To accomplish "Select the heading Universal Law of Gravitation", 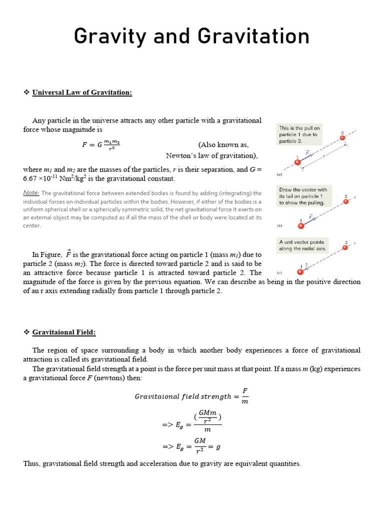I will [82, 92].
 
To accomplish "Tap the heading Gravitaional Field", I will [64, 332].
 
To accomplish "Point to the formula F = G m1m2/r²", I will [100, 145].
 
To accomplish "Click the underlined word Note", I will [31, 193].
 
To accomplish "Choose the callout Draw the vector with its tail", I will [302, 196].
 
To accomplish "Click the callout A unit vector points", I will [301, 245].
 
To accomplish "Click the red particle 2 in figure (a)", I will [342, 137].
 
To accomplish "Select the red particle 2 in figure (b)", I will [346, 201].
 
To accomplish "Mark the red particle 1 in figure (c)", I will [300, 271].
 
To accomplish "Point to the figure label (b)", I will [279, 226].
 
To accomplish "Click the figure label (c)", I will [279, 272].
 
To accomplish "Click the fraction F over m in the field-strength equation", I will [245, 396].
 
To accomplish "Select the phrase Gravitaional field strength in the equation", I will [183, 396].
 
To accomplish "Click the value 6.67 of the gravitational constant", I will [32, 178].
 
